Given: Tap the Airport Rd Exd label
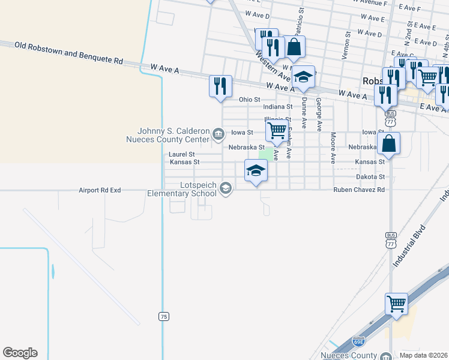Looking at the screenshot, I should tap(100, 190).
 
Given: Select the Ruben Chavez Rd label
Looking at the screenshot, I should tap(359, 190).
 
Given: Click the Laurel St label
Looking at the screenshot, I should tap(182, 154).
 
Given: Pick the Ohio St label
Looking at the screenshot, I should tap(249, 99).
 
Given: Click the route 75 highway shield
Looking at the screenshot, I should tap(163, 316).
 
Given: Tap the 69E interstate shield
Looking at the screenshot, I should tap(358, 341).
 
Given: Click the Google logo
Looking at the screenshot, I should tap(20, 353).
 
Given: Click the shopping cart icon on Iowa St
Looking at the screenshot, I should tap(276, 131).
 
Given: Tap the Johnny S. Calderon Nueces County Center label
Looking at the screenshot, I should tap(173, 136).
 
